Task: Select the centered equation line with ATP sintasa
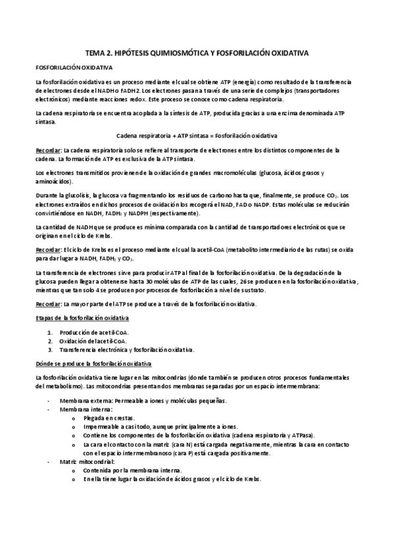coord(197,136)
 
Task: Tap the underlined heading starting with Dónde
coord(93,363)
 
